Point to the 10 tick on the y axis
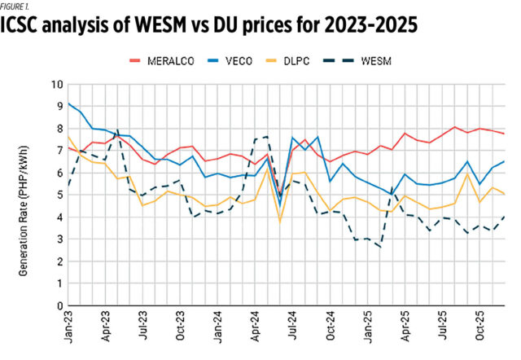click(57, 84)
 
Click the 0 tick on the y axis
click(59, 306)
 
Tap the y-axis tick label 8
click(59, 129)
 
